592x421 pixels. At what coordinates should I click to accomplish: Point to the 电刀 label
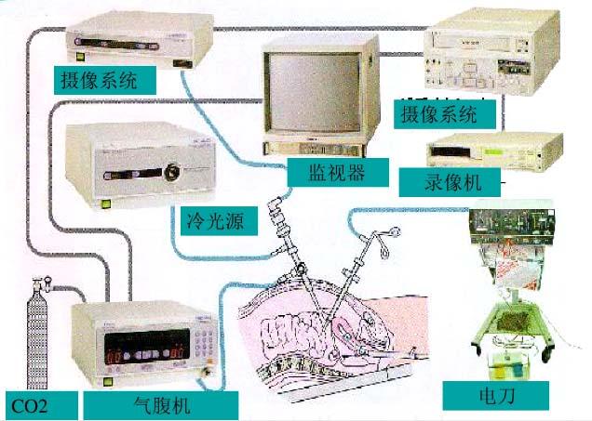click(x=491, y=396)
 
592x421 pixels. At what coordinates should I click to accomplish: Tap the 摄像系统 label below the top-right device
click(x=437, y=114)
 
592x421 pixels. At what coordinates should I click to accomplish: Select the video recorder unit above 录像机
click(x=497, y=147)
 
